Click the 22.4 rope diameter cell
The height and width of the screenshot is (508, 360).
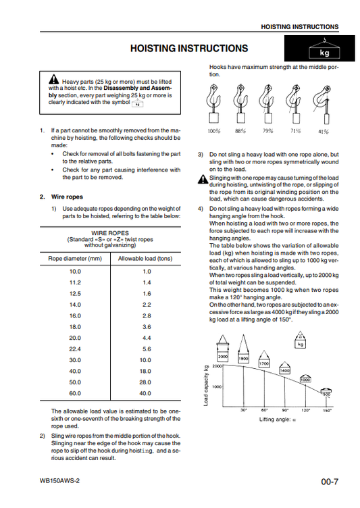coord(75,349)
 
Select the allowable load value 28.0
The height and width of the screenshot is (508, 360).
coord(145,382)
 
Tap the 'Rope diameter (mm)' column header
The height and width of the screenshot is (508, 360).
coord(75,259)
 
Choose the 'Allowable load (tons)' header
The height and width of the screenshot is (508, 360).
coord(145,259)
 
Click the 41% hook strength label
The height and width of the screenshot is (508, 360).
coord(324,132)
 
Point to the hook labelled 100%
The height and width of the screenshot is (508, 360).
coord(213,103)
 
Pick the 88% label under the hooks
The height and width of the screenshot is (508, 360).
coord(240,131)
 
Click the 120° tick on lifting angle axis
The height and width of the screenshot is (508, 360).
coord(305,411)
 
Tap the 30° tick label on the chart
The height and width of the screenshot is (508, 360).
coord(244,411)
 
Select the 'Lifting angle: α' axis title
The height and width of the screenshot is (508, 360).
coord(278,420)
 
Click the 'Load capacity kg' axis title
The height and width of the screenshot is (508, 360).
coord(206,386)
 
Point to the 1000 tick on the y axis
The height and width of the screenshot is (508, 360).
coord(217,386)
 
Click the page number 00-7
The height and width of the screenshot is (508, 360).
coord(330,482)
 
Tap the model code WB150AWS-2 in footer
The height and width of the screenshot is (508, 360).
coord(59,481)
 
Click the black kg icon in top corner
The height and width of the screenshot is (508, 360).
coord(319,48)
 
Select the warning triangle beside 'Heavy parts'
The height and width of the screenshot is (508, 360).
coord(54,79)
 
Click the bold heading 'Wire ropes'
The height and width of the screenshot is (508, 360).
coord(67,197)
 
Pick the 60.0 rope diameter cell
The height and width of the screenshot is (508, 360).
coord(75,393)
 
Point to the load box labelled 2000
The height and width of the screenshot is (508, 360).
coord(223,357)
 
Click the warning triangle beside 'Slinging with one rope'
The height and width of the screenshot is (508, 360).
coord(203,179)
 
